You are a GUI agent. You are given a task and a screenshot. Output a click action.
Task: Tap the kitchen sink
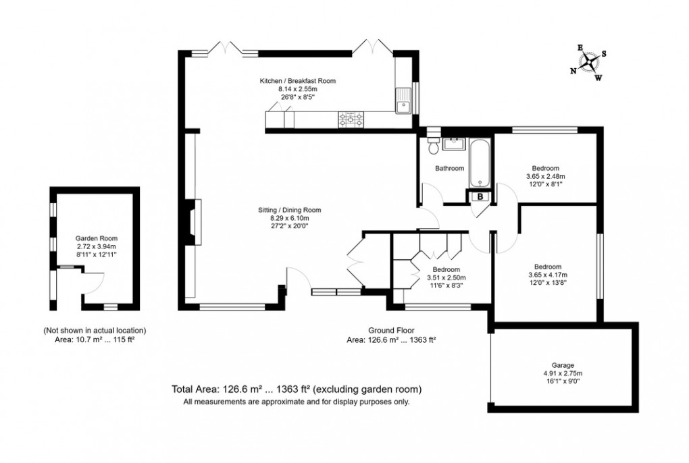point(406,102)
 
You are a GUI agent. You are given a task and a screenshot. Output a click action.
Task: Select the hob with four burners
point(351,121)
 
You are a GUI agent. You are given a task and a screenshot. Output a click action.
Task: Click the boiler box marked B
point(480,196)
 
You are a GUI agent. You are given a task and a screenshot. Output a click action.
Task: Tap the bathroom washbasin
point(455,143)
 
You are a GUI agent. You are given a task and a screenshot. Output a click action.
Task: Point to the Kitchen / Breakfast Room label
point(297,81)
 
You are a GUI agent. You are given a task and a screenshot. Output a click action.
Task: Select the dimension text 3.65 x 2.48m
point(545,176)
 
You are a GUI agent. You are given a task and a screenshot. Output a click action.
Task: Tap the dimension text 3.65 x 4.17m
point(546,275)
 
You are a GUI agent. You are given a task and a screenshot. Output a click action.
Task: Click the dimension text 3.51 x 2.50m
point(446,277)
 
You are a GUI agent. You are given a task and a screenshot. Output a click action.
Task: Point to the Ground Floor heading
point(390,330)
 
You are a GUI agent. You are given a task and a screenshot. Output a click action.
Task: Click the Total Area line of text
point(297,389)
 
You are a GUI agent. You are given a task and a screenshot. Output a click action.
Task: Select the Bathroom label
point(449,168)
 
